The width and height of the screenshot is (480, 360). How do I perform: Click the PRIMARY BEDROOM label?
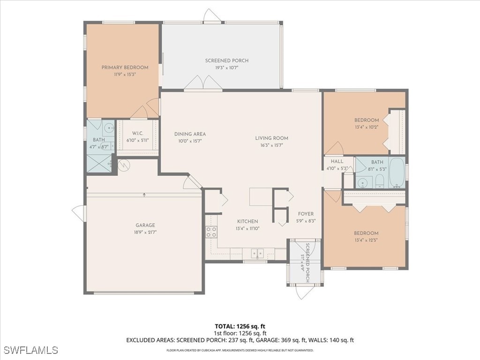pos(125,67)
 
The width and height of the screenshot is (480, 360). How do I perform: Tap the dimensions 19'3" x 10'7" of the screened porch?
pos(226,67)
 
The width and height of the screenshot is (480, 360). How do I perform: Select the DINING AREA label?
pos(190,134)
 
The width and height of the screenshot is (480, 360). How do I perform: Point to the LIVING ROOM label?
pos(271,138)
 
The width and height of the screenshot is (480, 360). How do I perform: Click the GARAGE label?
pos(145,225)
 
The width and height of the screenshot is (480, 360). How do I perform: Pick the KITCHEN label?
pos(247,221)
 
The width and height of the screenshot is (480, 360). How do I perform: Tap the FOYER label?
pos(306,214)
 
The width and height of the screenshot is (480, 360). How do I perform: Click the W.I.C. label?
pos(137,134)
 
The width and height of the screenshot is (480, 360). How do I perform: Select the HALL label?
pos(337,161)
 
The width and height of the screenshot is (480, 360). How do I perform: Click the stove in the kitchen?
pos(211,231)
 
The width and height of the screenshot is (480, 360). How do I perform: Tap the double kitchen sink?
pos(257,253)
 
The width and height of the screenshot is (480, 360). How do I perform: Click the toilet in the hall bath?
pos(379,181)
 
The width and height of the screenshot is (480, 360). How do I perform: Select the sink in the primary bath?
pos(108,127)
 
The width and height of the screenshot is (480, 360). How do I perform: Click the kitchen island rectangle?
pos(261,197)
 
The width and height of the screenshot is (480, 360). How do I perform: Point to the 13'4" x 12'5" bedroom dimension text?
pos(366,240)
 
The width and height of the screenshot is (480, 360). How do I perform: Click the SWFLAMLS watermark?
pos(30,350)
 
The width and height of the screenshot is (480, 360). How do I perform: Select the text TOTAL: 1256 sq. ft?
pos(240,326)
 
